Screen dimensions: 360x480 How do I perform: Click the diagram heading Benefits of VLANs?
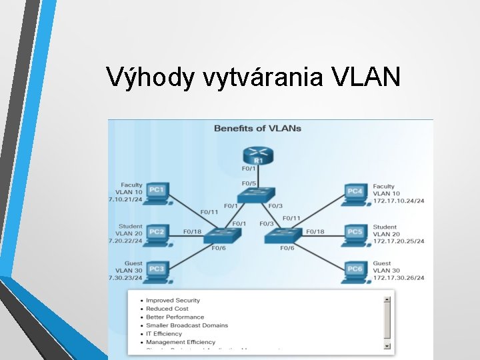coord(257,128)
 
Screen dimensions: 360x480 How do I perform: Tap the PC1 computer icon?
coord(156,192)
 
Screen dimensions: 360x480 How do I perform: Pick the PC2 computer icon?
coord(156,232)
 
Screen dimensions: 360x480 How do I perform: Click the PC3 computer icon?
coord(156,269)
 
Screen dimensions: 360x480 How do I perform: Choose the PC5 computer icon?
coord(355,233)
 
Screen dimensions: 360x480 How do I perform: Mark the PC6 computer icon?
coord(355,269)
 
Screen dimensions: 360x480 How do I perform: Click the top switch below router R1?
coord(257,195)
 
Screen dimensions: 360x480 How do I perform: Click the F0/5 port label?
coord(249,183)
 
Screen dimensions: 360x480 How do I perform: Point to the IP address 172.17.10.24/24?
coord(399,201)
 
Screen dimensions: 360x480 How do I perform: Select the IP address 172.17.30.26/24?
coord(399,278)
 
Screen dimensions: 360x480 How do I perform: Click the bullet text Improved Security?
coord(173,301)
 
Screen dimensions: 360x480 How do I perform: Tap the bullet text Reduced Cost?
coord(167,309)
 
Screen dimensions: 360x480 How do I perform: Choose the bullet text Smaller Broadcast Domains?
coord(187,325)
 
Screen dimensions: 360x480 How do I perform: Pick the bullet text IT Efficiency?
coord(164,333)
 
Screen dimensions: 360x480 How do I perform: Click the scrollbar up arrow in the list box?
coord(387,299)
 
